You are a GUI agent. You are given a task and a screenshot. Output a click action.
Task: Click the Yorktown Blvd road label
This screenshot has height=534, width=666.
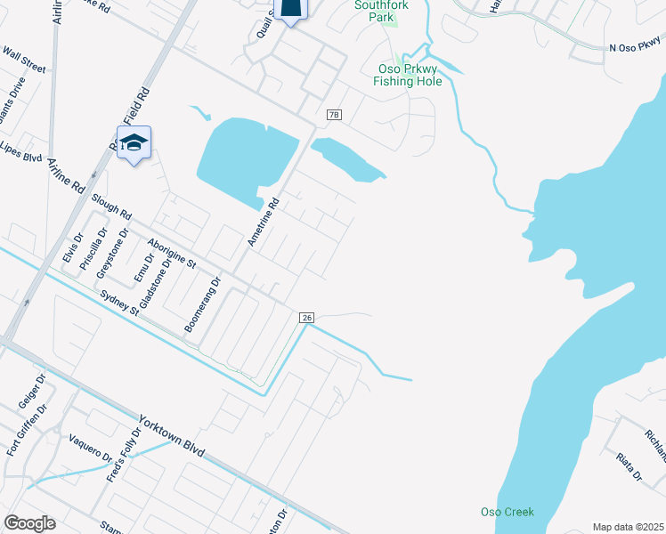click(172, 436)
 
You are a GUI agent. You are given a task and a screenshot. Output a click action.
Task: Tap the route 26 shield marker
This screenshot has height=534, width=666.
click(306, 318)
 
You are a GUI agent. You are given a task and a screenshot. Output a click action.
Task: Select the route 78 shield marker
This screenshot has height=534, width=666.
click(334, 115)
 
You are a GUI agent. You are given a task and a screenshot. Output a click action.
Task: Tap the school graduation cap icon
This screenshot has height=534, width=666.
click(134, 142)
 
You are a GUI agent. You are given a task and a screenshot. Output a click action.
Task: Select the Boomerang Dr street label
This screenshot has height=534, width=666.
click(202, 305)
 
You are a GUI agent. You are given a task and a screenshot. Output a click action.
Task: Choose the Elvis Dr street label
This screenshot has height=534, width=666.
click(72, 247)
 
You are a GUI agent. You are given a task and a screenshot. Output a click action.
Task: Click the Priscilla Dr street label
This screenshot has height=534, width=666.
click(93, 248)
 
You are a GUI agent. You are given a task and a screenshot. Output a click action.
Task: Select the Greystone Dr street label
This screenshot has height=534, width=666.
click(113, 254)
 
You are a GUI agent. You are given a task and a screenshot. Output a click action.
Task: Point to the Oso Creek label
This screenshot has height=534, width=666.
click(507, 512)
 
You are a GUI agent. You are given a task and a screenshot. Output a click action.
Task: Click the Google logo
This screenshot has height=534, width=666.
click(29, 523)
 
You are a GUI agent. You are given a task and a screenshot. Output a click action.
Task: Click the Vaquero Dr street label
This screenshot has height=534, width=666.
click(90, 448)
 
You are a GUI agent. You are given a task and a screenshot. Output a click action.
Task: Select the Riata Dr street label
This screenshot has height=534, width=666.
click(629, 465)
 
